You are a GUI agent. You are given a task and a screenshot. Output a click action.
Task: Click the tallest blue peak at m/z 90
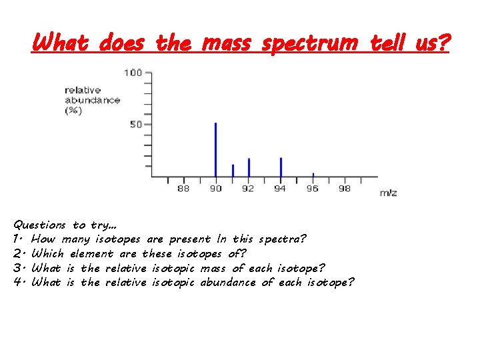pyautogui.click(x=215, y=150)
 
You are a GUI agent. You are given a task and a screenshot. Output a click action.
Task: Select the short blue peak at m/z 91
pyautogui.click(x=233, y=171)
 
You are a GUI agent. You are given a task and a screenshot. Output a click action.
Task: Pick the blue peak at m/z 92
pyautogui.click(x=249, y=167)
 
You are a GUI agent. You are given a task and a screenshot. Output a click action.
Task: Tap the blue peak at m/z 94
pyautogui.click(x=281, y=167)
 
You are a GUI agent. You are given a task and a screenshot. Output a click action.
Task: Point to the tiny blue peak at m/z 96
pyautogui.click(x=313, y=175)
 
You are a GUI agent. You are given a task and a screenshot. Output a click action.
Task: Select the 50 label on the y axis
pyautogui.click(x=135, y=125)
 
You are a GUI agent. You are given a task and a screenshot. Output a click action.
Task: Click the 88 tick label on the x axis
pyautogui.click(x=183, y=189)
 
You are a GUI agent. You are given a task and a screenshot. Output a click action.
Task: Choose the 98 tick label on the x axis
pyautogui.click(x=345, y=189)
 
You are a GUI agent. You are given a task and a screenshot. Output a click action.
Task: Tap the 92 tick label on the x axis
pyautogui.click(x=248, y=189)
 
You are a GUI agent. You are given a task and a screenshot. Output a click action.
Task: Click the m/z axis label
pyautogui.click(x=388, y=193)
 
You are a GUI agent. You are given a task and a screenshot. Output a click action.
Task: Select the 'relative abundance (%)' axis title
pyautogui.click(x=92, y=100)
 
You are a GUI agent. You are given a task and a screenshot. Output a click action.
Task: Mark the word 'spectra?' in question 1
pyautogui.click(x=283, y=239)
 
